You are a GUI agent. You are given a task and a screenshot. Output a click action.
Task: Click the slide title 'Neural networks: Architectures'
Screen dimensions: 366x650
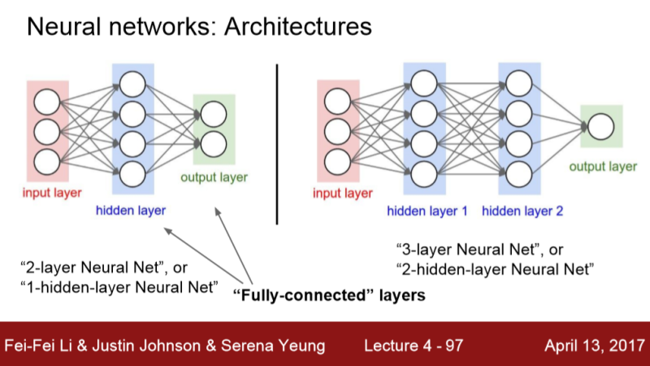[199, 27]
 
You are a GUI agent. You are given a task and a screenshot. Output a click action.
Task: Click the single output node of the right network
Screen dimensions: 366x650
[600, 127]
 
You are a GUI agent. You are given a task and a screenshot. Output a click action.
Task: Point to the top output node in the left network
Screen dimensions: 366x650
[214, 114]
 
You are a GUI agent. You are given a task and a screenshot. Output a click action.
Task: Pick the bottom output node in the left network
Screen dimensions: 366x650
[214, 144]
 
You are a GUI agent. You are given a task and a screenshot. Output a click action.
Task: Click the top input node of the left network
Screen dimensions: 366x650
[46, 100]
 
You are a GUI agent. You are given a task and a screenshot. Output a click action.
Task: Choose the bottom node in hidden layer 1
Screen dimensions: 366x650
[424, 173]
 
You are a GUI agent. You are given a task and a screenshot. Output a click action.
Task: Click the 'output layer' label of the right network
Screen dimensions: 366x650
[602, 166]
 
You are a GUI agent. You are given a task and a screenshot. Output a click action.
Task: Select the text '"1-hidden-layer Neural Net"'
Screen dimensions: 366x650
[119, 285]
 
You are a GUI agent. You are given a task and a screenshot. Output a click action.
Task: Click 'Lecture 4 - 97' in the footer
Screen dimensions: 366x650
[414, 346]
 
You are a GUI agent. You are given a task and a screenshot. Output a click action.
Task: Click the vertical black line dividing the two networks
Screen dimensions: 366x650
[278, 142]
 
